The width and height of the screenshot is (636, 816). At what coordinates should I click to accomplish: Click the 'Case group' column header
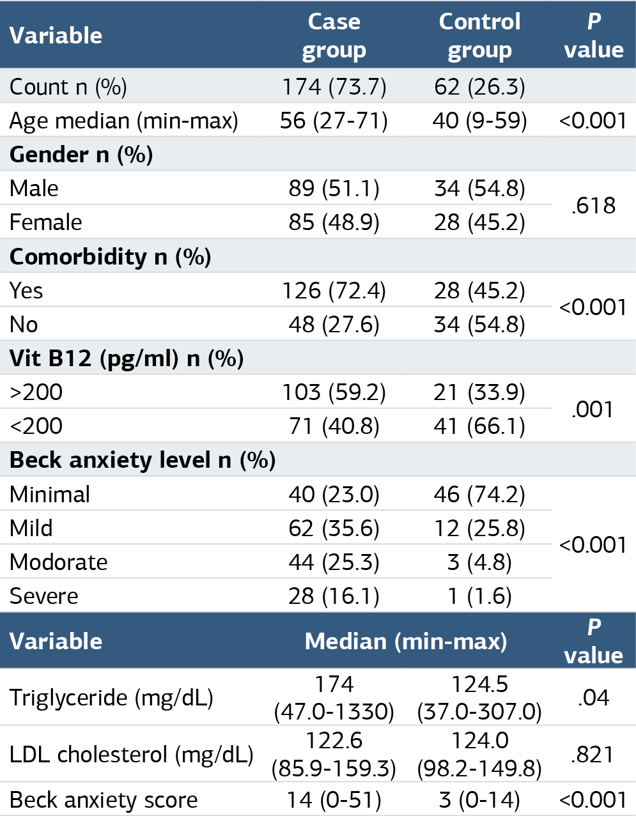[334, 36]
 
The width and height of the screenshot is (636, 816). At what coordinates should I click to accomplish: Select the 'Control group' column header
[479, 36]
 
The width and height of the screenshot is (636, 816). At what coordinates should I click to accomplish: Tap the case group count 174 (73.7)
[334, 87]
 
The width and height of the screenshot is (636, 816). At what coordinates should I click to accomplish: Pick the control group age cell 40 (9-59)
[479, 121]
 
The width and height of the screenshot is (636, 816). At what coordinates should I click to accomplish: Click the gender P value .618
[593, 206]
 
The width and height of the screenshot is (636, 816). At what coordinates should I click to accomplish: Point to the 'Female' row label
[45, 222]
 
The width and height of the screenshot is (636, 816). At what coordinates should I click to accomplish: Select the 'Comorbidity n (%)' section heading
[110, 257]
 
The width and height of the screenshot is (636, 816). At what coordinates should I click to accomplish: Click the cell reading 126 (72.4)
[334, 291]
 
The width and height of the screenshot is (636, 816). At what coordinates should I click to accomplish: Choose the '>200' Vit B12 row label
[36, 392]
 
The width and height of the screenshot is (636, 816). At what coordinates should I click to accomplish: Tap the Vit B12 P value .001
[592, 410]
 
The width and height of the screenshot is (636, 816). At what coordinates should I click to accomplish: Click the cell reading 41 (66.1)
[479, 427]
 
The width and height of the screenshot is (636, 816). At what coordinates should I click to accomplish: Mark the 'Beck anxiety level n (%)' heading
[143, 460]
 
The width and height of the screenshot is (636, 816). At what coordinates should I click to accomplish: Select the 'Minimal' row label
[50, 494]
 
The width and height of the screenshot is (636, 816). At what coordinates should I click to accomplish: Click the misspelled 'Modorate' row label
[59, 562]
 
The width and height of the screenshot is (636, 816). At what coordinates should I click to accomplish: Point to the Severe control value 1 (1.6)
[479, 596]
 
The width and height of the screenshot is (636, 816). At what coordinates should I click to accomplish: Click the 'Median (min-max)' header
[406, 641]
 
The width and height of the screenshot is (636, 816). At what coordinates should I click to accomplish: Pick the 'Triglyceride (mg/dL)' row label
[111, 698]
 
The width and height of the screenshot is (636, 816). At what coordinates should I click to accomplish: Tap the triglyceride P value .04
[593, 698]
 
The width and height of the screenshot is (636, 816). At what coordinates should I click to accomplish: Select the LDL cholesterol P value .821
[592, 755]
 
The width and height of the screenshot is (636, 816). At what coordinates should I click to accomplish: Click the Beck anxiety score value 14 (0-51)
[334, 800]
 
